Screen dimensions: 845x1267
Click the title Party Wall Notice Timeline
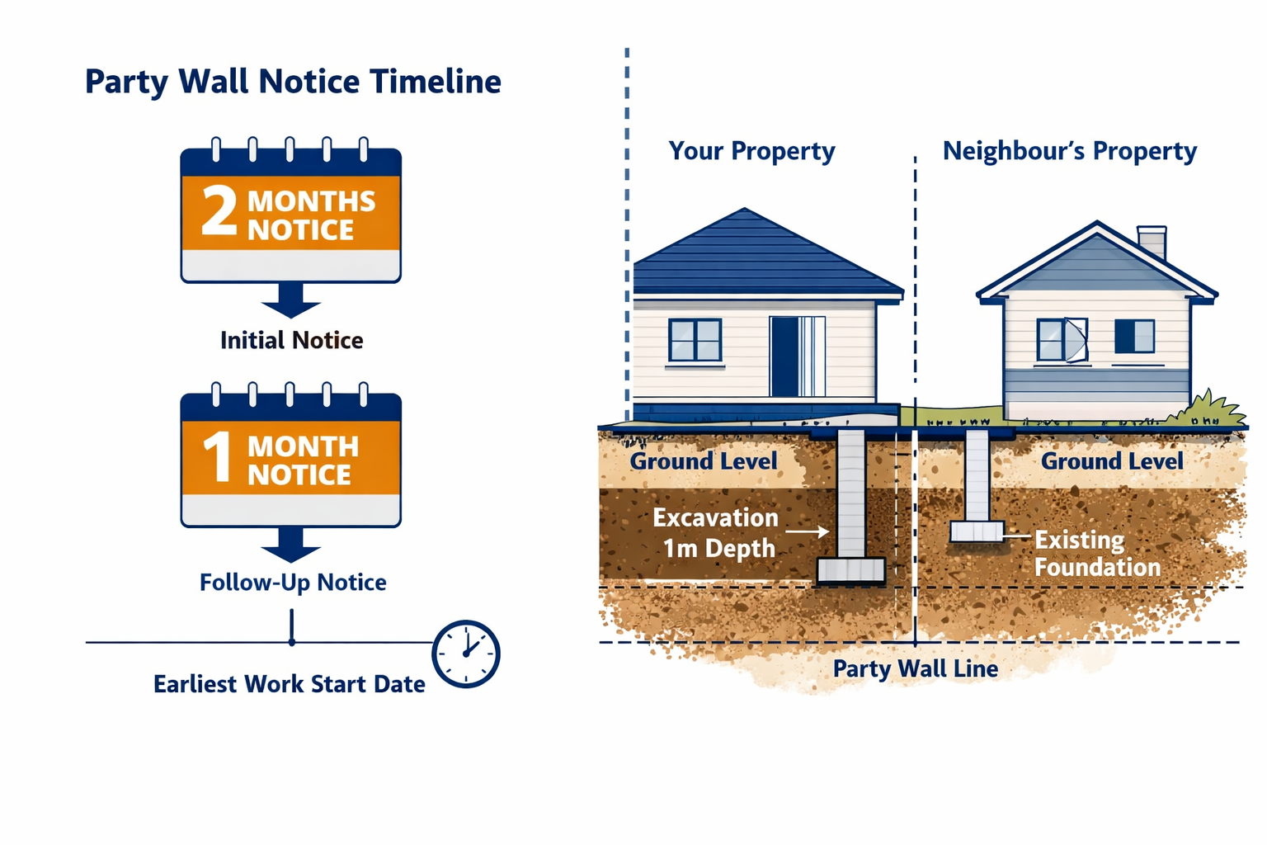point(293,82)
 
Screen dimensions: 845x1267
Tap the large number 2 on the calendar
point(219,211)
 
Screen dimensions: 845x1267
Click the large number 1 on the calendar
point(218,456)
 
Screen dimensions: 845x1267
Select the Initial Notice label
point(291,340)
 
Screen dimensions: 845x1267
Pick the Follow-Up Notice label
point(293,583)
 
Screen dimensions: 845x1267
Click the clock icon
point(466,654)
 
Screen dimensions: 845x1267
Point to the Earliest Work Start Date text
point(289,684)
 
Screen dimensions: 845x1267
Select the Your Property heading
point(751,151)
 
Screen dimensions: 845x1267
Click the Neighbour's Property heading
point(1069,151)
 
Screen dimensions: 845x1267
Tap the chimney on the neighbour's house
point(1152,241)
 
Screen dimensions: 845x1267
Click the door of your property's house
point(797,356)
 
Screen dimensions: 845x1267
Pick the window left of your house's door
point(695,340)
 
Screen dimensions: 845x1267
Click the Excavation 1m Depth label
point(716,533)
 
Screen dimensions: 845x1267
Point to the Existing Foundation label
point(1096,553)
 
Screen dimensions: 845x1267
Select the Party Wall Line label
point(915,668)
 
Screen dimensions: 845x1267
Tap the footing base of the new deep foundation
point(850,570)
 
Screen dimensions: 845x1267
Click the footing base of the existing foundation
point(977,531)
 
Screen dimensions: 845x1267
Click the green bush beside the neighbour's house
point(1218,410)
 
